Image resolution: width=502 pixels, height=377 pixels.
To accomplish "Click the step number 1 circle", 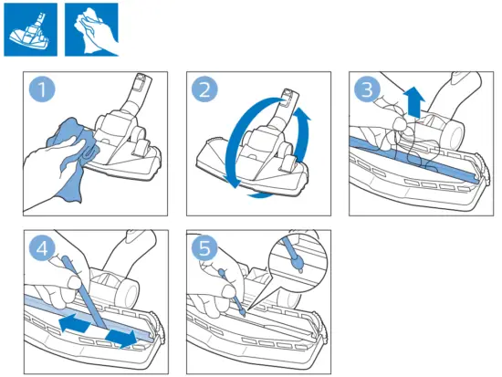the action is tap(42, 89).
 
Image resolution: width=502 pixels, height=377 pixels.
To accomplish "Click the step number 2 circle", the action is tap(204, 89).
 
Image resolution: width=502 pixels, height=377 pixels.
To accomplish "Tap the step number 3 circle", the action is tap(367, 89).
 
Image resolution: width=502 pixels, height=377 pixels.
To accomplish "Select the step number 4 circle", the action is tap(42, 248).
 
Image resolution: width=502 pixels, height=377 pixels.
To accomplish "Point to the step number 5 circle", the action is tap(204, 248).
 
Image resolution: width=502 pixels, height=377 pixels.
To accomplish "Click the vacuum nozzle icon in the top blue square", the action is tap(30, 29).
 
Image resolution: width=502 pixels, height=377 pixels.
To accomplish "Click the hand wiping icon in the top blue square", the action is tap(91, 29).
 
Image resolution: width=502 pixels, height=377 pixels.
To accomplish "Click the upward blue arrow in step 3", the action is tap(414, 102).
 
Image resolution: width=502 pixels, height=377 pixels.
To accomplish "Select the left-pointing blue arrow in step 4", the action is tap(74, 322).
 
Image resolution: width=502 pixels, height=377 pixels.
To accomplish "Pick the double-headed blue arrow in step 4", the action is tap(121, 339).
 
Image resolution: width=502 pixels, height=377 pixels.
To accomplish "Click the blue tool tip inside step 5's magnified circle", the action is tap(298, 262).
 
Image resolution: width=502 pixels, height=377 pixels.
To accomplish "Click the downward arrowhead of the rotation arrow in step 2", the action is tap(235, 182).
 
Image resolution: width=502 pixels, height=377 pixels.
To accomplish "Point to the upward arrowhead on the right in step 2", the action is tap(302, 113).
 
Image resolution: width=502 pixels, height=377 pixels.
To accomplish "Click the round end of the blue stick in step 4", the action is tap(66, 258).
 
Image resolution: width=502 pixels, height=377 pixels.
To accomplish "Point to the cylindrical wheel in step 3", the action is tap(452, 131).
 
